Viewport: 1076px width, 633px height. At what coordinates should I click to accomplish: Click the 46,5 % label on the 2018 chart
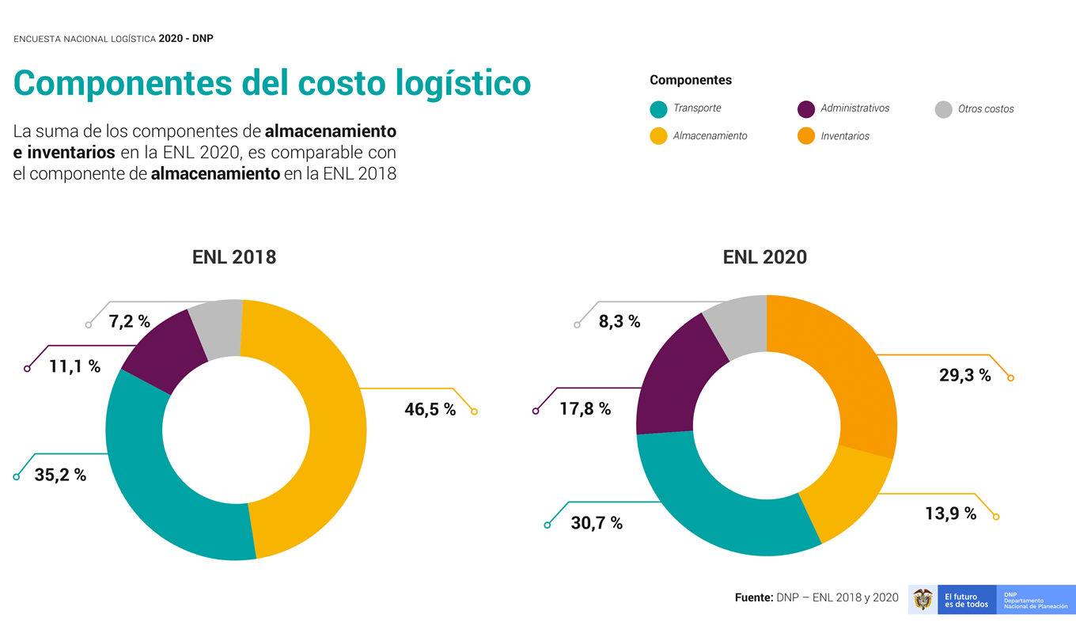pyautogui.click(x=430, y=409)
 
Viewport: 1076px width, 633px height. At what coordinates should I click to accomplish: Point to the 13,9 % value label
pyautogui.click(x=950, y=514)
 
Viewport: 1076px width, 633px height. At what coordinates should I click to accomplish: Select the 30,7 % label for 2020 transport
pyautogui.click(x=597, y=523)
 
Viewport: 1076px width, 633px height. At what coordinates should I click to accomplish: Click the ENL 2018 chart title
pyautogui.click(x=234, y=257)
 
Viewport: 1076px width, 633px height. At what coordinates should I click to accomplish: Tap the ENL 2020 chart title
pyautogui.click(x=764, y=257)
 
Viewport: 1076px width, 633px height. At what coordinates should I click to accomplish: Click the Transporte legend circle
pyautogui.click(x=658, y=109)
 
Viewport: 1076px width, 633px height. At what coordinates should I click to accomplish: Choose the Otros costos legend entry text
pyautogui.click(x=986, y=109)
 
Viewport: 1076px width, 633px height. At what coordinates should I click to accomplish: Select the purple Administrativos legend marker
pyautogui.click(x=806, y=109)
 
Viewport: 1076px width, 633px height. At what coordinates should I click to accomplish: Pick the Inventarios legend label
pyautogui.click(x=845, y=136)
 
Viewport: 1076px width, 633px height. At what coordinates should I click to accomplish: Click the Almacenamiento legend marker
pyautogui.click(x=658, y=136)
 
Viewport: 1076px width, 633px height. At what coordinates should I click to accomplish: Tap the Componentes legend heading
pyautogui.click(x=691, y=80)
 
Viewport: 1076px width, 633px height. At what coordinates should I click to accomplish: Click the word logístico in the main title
pyautogui.click(x=450, y=84)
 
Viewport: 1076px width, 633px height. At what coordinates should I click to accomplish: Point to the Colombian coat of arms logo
pyautogui.click(x=923, y=599)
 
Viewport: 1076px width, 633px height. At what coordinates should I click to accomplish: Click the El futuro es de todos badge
pyautogui.click(x=966, y=600)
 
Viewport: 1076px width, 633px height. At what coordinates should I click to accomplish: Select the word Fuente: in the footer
pyautogui.click(x=753, y=598)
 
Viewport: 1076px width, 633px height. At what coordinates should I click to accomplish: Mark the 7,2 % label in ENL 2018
pyautogui.click(x=130, y=320)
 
